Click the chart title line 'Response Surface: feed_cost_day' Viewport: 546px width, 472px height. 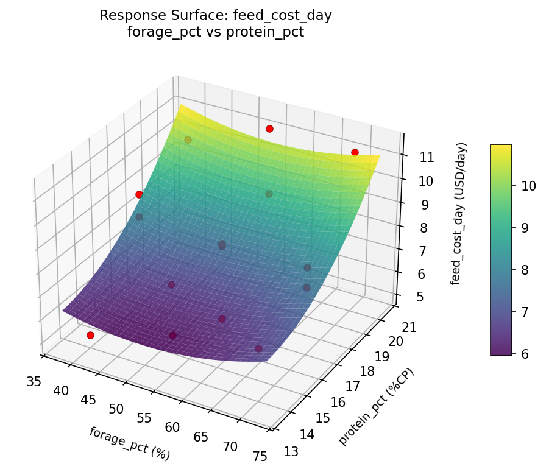[216, 16]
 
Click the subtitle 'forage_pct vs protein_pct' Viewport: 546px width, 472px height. [216, 32]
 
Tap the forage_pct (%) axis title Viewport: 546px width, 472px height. [129, 443]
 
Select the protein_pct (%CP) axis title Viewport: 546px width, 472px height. [376, 407]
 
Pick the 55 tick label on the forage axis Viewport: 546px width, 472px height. [144, 418]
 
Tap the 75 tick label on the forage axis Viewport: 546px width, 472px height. [260, 456]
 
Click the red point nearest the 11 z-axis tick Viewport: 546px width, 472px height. [355, 152]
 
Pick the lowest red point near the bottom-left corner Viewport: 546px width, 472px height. [90, 335]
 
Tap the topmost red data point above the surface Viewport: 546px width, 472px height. [269, 129]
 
